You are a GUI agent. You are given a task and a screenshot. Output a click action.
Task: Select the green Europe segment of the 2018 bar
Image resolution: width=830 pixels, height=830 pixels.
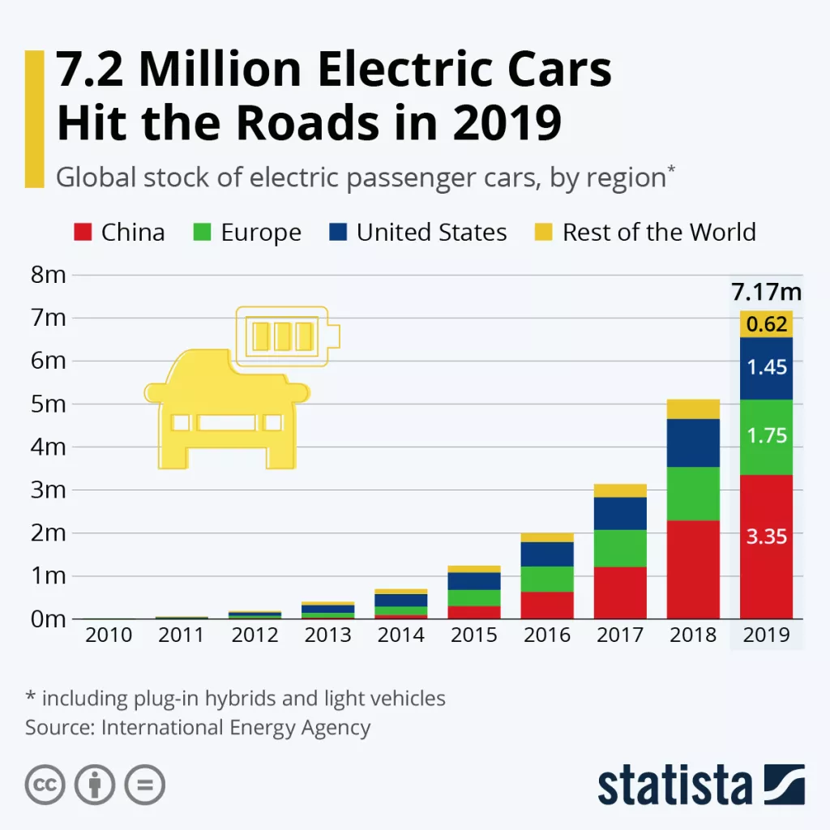coord(693,494)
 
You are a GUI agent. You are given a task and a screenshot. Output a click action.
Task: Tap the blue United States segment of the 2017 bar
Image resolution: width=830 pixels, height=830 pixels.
coord(620,513)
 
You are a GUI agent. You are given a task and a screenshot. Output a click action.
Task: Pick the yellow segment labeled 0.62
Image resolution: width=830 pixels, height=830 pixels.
coord(766,324)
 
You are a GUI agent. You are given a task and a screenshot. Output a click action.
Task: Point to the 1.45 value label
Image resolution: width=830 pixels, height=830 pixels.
coord(766,368)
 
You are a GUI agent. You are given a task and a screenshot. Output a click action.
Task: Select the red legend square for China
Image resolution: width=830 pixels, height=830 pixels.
coord(81,233)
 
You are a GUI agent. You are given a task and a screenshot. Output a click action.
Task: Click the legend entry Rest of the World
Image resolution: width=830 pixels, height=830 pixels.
coord(658,233)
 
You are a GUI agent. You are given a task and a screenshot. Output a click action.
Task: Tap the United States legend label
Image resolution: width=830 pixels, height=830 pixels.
coord(431,233)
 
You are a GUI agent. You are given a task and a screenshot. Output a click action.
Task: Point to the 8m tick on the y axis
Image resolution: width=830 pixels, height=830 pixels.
coord(47,275)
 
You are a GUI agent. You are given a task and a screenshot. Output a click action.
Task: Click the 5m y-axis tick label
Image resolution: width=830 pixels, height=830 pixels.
coord(47,404)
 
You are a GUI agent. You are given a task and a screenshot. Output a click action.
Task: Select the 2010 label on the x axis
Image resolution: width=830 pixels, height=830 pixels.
coord(109,635)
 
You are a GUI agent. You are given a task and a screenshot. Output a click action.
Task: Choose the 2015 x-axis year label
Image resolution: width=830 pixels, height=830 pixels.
coord(474,635)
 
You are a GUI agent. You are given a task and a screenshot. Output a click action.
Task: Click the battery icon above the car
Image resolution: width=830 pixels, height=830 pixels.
coord(284,332)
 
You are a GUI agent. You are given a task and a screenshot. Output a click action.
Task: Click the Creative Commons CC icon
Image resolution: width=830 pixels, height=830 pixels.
coord(45,785)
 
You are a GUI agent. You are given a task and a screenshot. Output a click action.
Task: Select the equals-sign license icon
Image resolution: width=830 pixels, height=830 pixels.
coord(144,785)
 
